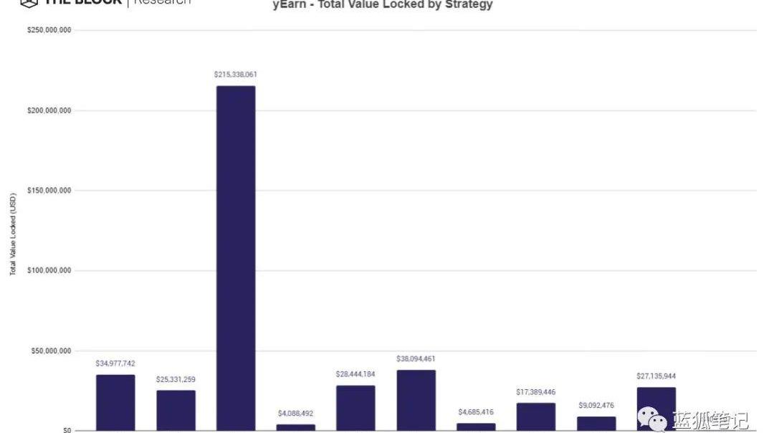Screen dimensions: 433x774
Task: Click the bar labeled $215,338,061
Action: (x=236, y=258)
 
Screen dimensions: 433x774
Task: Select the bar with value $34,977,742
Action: (x=115, y=402)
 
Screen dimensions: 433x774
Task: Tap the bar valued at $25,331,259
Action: (x=176, y=410)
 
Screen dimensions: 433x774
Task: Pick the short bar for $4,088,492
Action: (x=296, y=427)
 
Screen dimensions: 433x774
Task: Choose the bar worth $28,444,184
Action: (x=355, y=408)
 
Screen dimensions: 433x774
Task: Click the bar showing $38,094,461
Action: (x=416, y=400)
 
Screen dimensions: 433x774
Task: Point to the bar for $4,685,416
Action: (x=476, y=427)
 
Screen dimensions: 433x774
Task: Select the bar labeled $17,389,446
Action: (x=536, y=417)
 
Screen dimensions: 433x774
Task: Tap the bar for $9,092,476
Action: (x=596, y=423)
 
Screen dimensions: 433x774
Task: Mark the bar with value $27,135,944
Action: (x=656, y=409)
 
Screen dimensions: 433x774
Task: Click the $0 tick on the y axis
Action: (x=66, y=430)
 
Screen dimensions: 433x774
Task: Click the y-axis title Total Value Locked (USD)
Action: (x=12, y=234)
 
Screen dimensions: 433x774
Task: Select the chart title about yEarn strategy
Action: (x=383, y=5)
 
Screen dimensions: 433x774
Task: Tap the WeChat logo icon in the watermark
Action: (x=653, y=419)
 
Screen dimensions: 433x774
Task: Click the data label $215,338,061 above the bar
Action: (x=235, y=75)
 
